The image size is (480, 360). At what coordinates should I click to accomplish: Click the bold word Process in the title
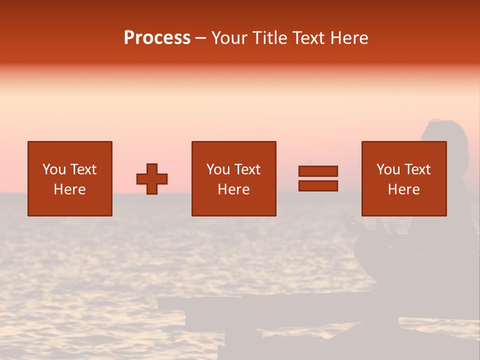click(x=157, y=38)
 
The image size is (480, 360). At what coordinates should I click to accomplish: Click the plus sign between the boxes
click(x=152, y=179)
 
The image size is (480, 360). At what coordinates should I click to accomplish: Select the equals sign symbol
click(x=318, y=179)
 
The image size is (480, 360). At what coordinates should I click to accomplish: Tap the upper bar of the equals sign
click(x=318, y=171)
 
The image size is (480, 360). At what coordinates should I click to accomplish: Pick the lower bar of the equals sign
click(x=318, y=186)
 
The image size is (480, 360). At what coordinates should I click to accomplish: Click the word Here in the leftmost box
click(x=70, y=189)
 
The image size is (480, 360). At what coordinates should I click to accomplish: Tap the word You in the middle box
click(x=218, y=169)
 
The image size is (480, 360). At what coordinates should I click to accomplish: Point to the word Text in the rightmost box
click(x=418, y=169)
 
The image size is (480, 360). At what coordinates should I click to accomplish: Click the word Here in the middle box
click(x=234, y=189)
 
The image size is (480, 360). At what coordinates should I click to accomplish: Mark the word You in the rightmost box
click(x=388, y=169)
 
